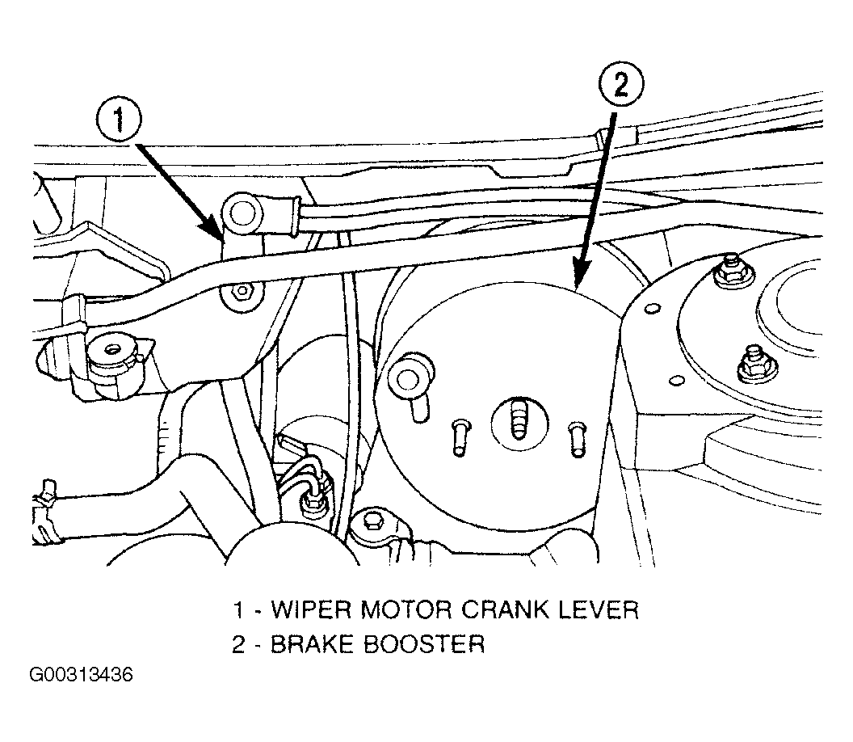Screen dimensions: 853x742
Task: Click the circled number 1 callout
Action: (x=119, y=120)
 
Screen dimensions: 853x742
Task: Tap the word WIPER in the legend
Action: (x=312, y=609)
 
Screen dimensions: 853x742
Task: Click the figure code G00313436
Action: (x=81, y=675)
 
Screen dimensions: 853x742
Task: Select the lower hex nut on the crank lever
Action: (x=240, y=292)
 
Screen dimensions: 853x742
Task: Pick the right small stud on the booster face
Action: (x=577, y=439)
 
